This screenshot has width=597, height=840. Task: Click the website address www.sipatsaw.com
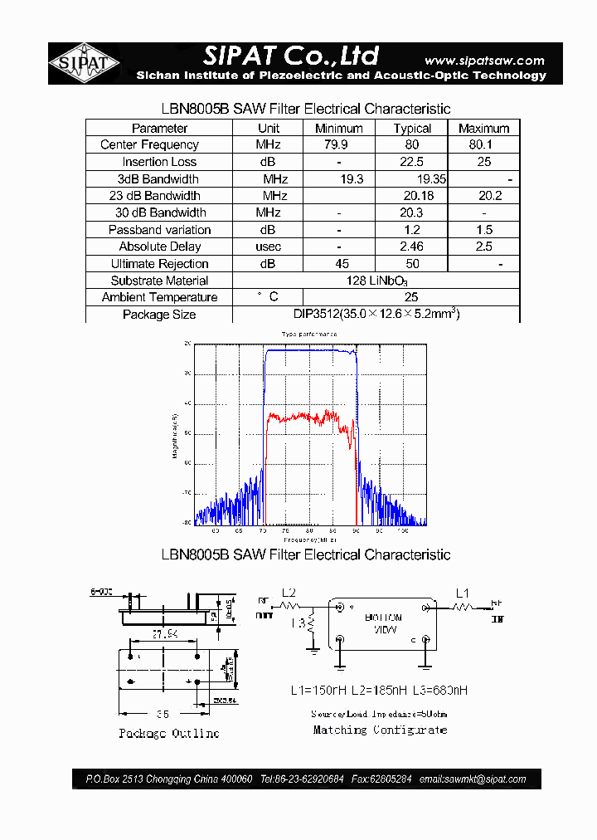[x=484, y=60]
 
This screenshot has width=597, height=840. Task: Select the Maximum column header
[x=483, y=128]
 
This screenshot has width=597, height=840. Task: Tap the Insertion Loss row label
[x=159, y=162]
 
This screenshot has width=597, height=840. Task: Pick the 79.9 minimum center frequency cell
[x=338, y=144]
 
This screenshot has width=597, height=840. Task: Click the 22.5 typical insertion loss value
[x=412, y=162]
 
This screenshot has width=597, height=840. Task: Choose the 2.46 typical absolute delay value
[x=412, y=247]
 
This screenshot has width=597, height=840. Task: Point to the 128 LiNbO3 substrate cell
[x=376, y=281]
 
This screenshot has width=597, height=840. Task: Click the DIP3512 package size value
[x=376, y=314]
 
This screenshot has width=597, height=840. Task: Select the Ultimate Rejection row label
[x=159, y=263]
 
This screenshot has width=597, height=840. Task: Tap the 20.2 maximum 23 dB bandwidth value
[x=489, y=196]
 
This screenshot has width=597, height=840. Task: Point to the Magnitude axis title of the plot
[x=175, y=436]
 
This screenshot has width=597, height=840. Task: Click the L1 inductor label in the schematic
[x=463, y=593]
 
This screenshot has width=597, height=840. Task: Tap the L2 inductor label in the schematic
[x=289, y=593]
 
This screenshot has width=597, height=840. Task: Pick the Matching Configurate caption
[x=380, y=730]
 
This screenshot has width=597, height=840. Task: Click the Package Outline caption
[x=168, y=733]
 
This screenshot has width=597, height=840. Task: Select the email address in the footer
[x=473, y=779]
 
